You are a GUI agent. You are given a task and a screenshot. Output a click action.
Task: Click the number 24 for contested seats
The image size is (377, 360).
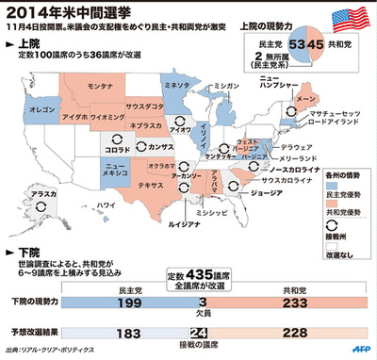pos(198,333)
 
